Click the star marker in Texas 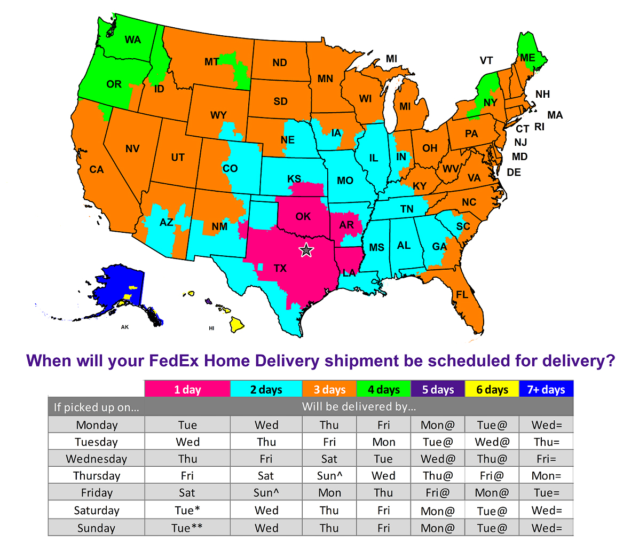(x=306, y=249)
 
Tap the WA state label (x=133, y=40)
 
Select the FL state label (x=462, y=295)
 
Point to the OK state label (x=303, y=216)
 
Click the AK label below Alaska (x=125, y=327)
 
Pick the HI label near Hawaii (x=211, y=328)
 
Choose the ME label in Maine (x=527, y=58)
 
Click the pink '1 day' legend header (x=187, y=389)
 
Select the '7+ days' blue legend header (x=546, y=389)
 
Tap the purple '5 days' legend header (x=438, y=389)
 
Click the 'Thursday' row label (x=97, y=476)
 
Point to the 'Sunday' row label (x=97, y=528)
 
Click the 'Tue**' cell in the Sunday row (x=187, y=528)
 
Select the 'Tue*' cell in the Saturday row (x=187, y=511)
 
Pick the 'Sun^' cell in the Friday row (x=266, y=493)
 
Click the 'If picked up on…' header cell (x=97, y=407)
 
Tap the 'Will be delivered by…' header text (x=359, y=406)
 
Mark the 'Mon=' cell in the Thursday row (x=546, y=476)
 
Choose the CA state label (x=97, y=170)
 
